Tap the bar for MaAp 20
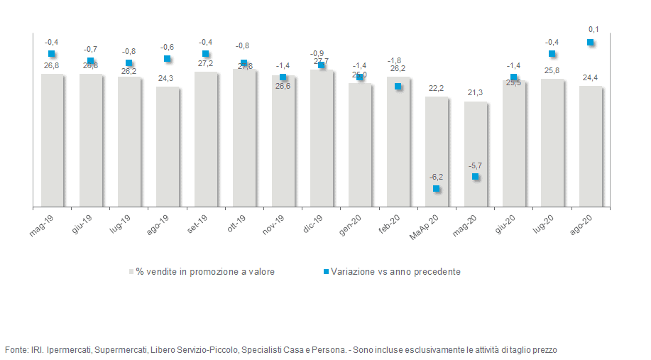(x=437, y=152)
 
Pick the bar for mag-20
(x=476, y=154)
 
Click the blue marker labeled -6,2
(x=437, y=189)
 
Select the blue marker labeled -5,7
(x=476, y=176)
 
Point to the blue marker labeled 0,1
(x=590, y=43)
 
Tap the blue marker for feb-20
(x=398, y=87)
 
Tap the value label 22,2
(x=436, y=88)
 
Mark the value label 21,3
(x=475, y=93)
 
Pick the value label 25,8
(x=552, y=70)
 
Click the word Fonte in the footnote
(x=16, y=349)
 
